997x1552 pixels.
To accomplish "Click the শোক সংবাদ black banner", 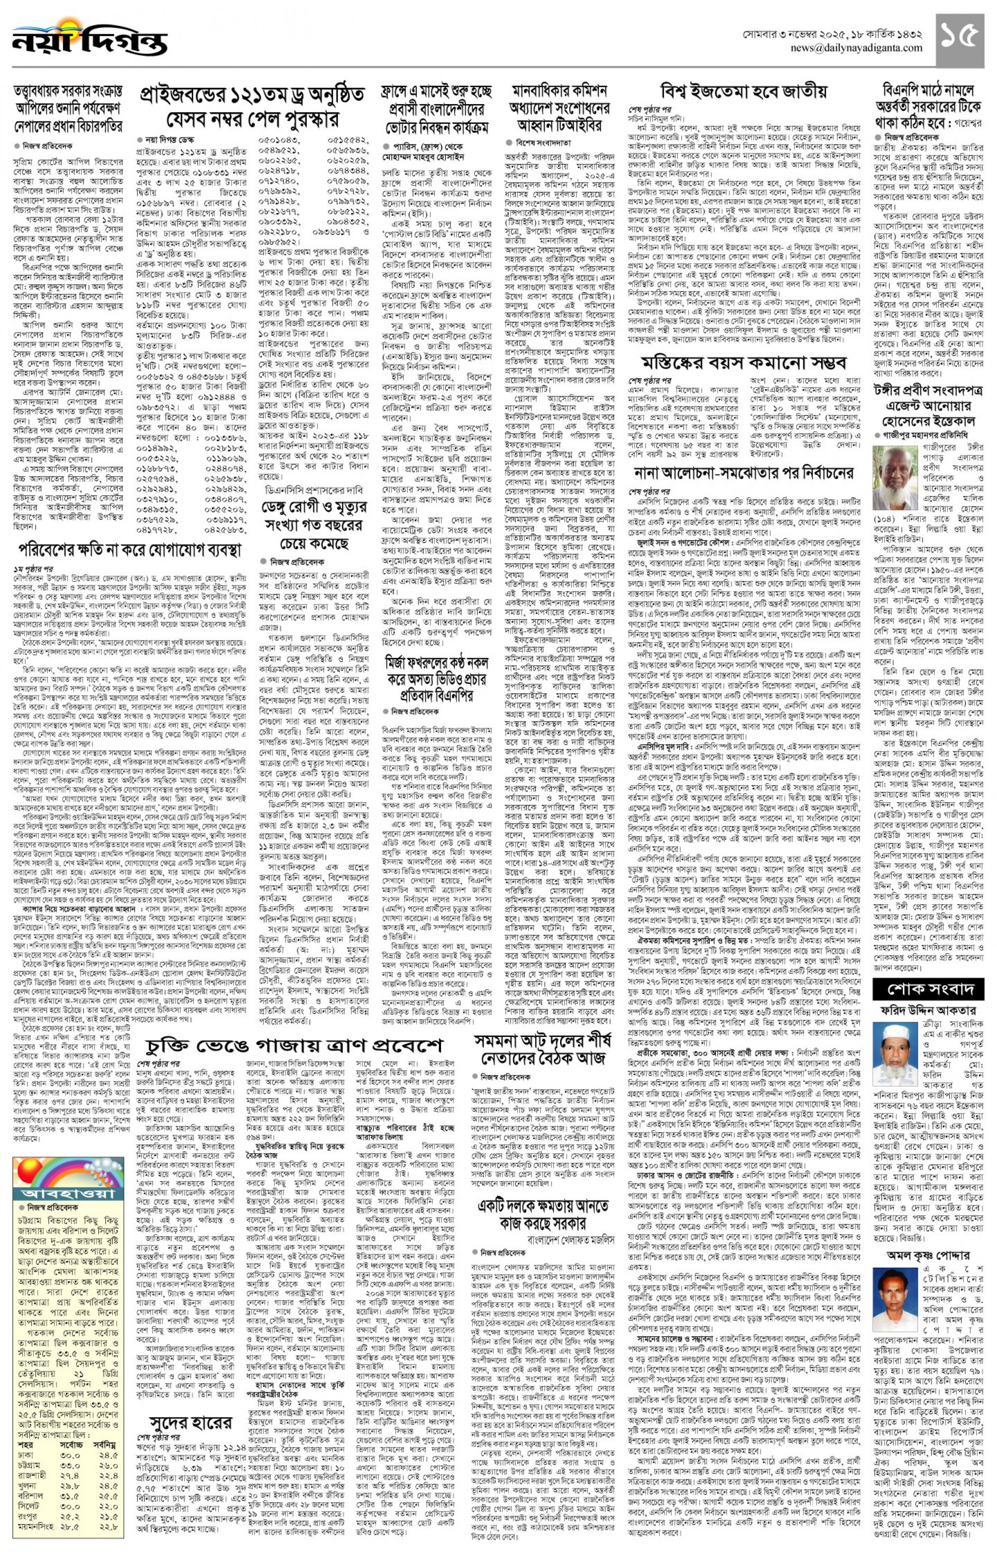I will point(928,989).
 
